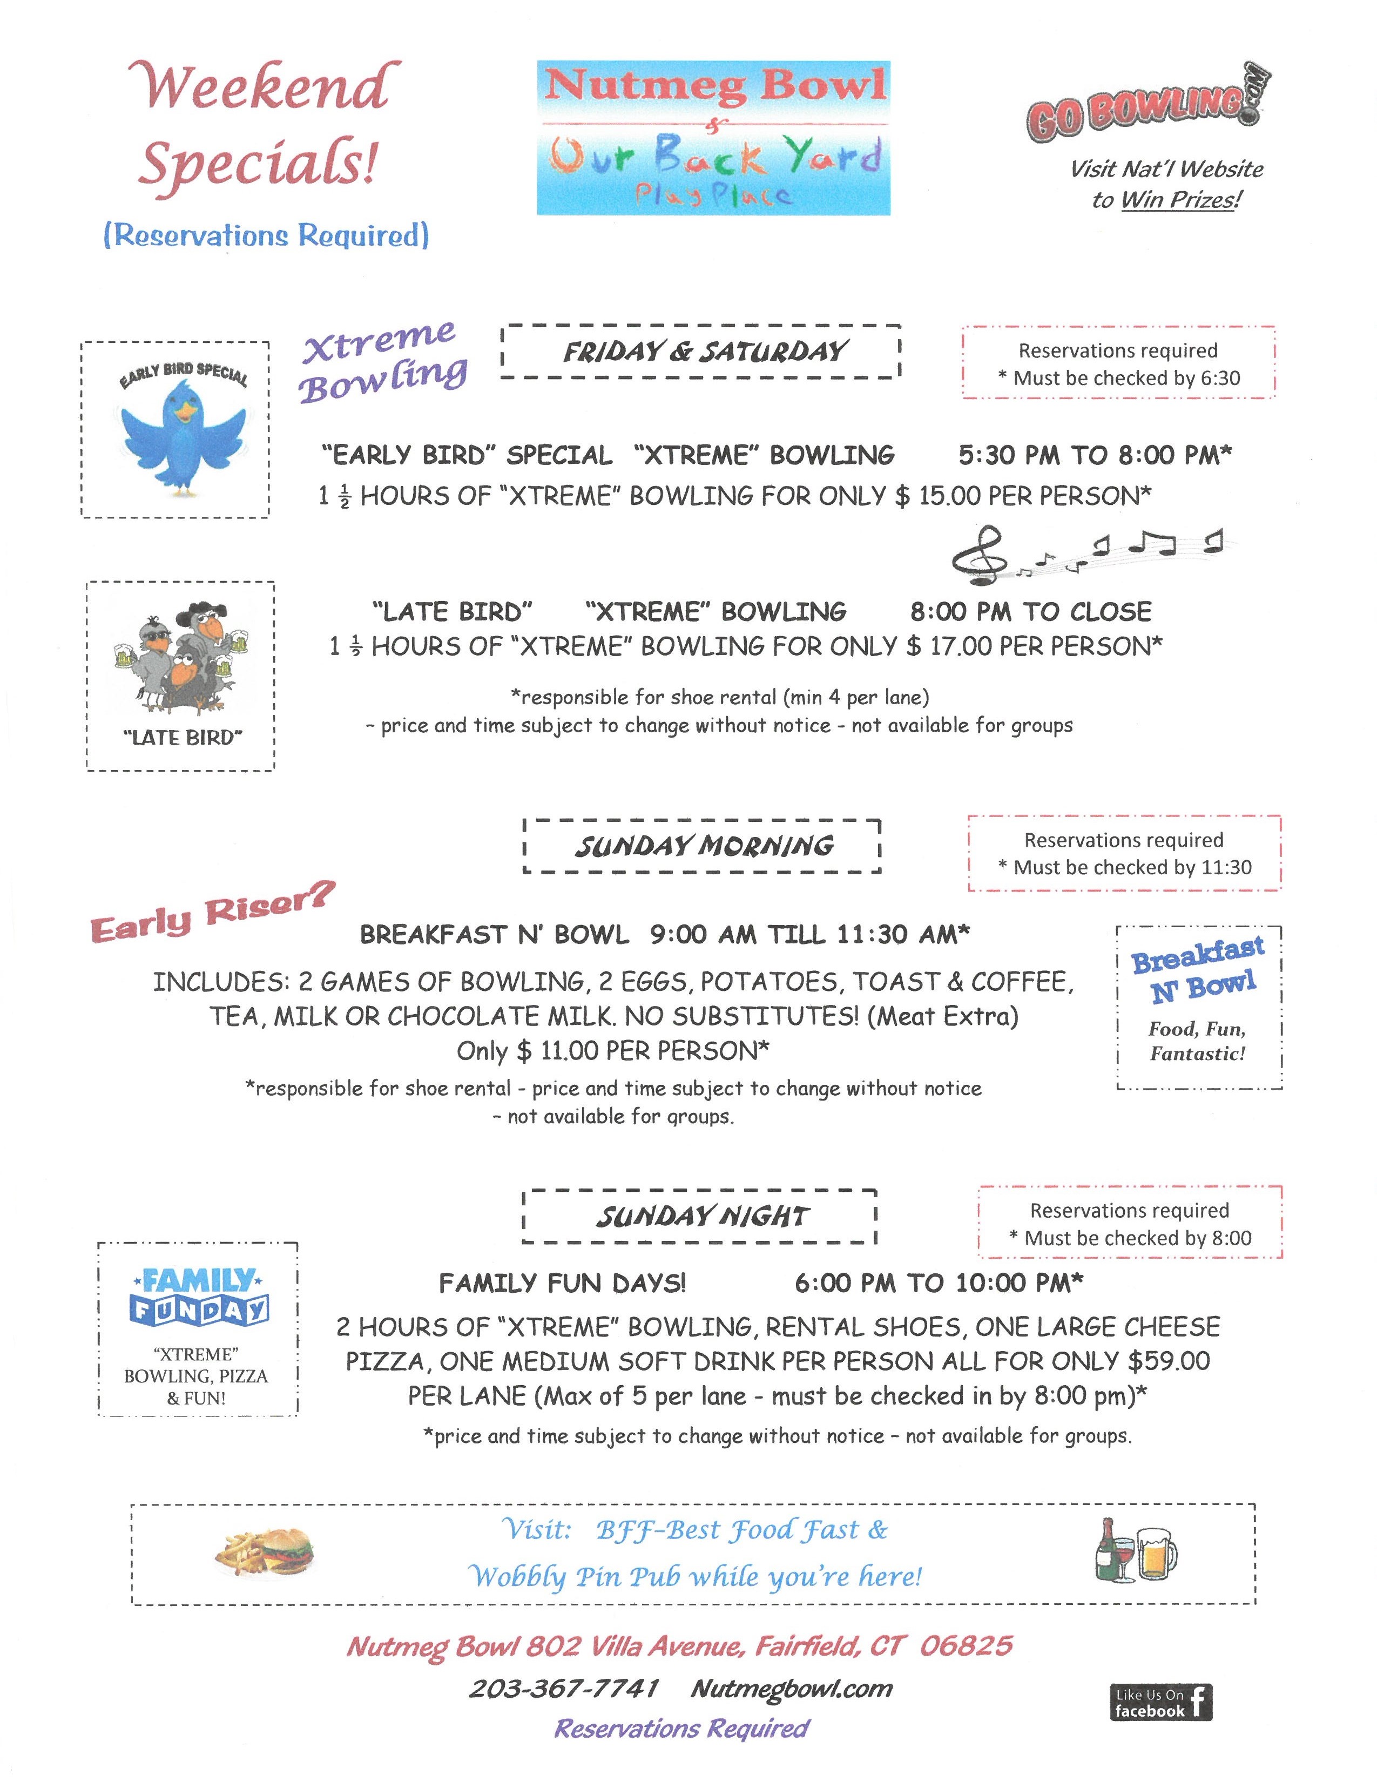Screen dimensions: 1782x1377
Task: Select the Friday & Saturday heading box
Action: coord(701,352)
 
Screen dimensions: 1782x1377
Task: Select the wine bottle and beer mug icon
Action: coord(1136,1550)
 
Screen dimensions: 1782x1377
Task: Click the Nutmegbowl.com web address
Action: coord(791,1688)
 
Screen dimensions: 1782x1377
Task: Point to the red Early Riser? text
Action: coord(212,913)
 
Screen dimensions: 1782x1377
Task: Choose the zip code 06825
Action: coord(966,1646)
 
